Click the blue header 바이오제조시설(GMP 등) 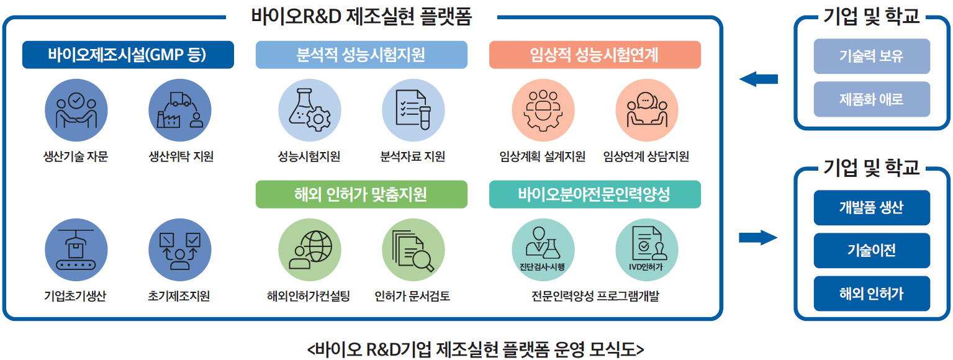coord(128,55)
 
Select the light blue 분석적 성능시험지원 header coord(361,55)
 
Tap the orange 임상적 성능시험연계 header coord(595,55)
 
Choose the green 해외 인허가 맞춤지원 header coord(361,194)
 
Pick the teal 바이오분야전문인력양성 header coord(595,194)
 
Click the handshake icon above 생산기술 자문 coord(76,110)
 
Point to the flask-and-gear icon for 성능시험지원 coord(310,110)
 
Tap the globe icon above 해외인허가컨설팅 coord(310,250)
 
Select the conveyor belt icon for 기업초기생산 coord(76,250)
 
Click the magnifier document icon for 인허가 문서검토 coord(413,250)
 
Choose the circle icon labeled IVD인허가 coord(647,250)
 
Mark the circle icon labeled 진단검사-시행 coord(543,250)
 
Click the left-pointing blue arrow coord(759,79)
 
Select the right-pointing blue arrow coord(758,238)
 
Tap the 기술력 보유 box coord(872,56)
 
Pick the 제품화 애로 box coord(872,99)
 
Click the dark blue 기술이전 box coord(872,250)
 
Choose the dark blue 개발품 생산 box coord(872,208)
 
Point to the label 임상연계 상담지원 coord(646,156)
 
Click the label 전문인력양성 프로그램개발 coord(595,296)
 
